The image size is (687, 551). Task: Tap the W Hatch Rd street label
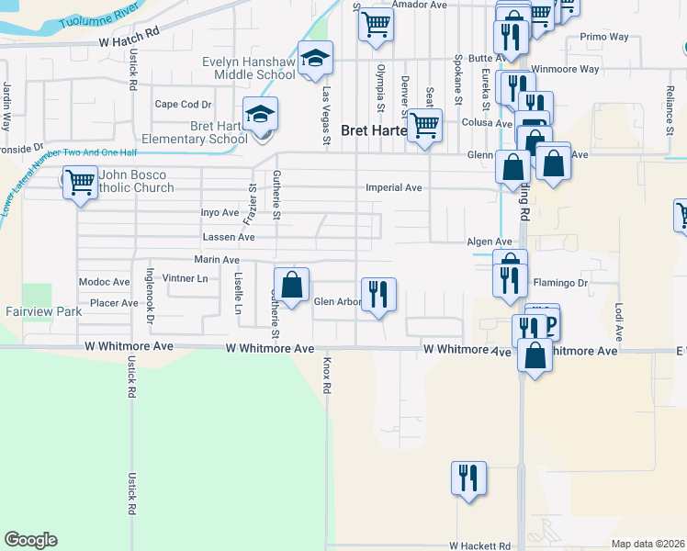coord(129,43)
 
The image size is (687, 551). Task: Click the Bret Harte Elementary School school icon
coord(260,114)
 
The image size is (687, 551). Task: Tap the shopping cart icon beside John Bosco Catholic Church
coord(81,180)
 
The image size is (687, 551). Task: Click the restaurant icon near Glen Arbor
coord(378,295)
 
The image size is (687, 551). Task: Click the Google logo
coord(30,540)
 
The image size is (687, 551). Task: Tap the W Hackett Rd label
coord(479,545)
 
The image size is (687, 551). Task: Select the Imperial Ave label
coord(393,187)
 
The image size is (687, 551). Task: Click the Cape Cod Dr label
coord(183,104)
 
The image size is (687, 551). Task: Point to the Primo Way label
coord(604,38)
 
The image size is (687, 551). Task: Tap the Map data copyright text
coord(648,544)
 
